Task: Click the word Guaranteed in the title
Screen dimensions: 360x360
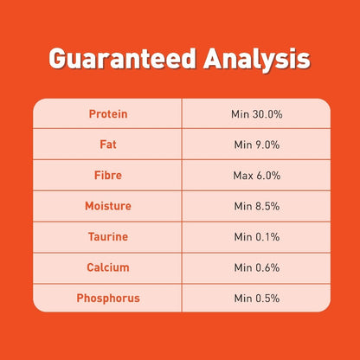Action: (x=123, y=59)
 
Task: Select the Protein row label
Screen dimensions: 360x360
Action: (x=108, y=114)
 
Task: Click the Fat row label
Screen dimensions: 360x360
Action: (x=108, y=145)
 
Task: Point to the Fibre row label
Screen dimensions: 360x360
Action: (x=108, y=175)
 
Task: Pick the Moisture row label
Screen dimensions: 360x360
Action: (x=108, y=206)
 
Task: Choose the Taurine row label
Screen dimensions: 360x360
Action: (x=108, y=237)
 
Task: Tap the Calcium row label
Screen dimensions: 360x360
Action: (x=108, y=267)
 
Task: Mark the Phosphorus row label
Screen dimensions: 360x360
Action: (x=108, y=299)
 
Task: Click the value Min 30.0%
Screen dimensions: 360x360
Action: (x=257, y=114)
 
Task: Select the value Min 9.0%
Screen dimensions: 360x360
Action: (x=257, y=145)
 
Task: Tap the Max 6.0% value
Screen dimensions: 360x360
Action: (x=257, y=176)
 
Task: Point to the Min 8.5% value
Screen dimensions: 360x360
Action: (x=257, y=206)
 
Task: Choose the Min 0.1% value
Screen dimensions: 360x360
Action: (x=257, y=237)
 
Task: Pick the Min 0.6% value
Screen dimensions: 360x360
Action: (x=257, y=267)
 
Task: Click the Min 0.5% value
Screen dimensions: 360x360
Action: (x=257, y=299)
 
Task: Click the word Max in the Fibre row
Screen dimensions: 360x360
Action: (x=243, y=176)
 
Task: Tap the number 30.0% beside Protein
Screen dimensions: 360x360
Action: (x=267, y=114)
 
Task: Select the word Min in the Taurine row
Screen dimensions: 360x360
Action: (x=243, y=237)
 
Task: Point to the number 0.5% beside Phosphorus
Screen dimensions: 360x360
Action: (x=267, y=299)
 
